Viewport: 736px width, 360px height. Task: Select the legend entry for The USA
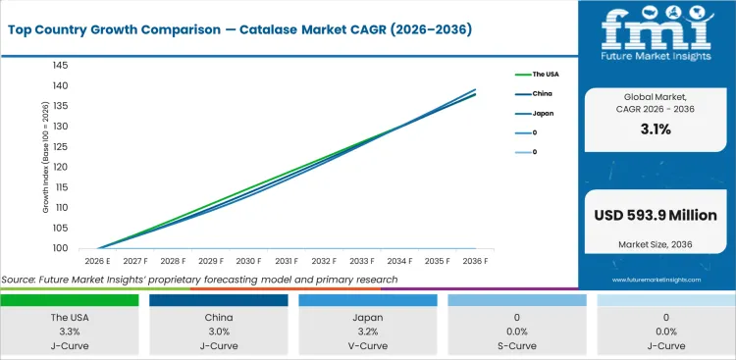coord(545,74)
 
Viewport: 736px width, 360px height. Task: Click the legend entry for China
coord(542,93)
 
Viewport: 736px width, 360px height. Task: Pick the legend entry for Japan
coord(543,113)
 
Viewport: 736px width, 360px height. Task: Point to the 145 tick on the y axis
coord(61,65)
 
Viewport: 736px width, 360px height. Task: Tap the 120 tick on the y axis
coord(61,167)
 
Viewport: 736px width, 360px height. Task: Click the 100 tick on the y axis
coord(61,248)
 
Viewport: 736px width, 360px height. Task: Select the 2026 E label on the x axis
coord(95,261)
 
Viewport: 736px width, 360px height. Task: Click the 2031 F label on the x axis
coord(287,261)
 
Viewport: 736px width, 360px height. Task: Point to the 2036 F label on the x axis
coord(476,261)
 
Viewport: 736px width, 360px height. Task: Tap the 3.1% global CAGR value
coord(655,129)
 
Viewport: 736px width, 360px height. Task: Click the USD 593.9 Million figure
coord(655,215)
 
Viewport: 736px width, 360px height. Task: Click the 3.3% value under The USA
coord(70,332)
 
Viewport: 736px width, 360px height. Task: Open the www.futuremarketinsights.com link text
coord(656,281)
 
